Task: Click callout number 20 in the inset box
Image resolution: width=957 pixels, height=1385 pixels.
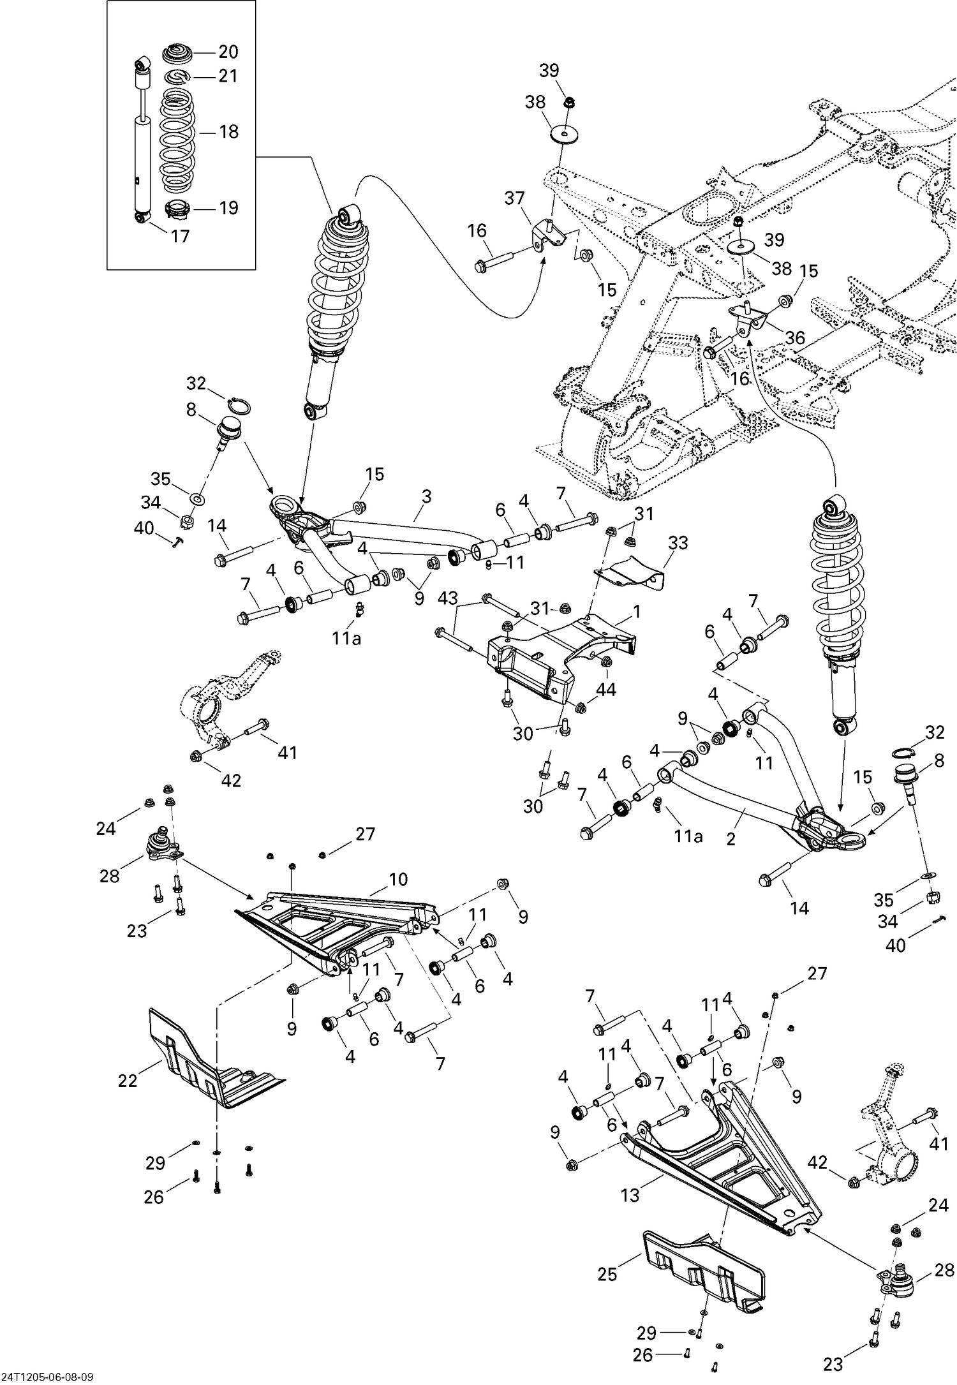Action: (228, 52)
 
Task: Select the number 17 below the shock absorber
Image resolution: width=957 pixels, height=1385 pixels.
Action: (181, 236)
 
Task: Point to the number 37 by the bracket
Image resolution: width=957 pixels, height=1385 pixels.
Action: (514, 198)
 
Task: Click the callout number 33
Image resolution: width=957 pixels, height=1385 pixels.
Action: (678, 543)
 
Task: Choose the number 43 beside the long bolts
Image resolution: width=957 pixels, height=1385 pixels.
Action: (448, 598)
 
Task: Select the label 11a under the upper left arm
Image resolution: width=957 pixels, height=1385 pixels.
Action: (346, 637)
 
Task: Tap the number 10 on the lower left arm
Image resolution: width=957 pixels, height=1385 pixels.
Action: (397, 879)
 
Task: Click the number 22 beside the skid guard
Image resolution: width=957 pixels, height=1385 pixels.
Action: (128, 1081)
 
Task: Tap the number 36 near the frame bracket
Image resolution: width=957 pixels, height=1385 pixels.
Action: (795, 337)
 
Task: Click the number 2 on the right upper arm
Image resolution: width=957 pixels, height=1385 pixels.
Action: (731, 839)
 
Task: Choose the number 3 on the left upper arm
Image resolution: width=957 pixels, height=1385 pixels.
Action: (427, 496)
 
